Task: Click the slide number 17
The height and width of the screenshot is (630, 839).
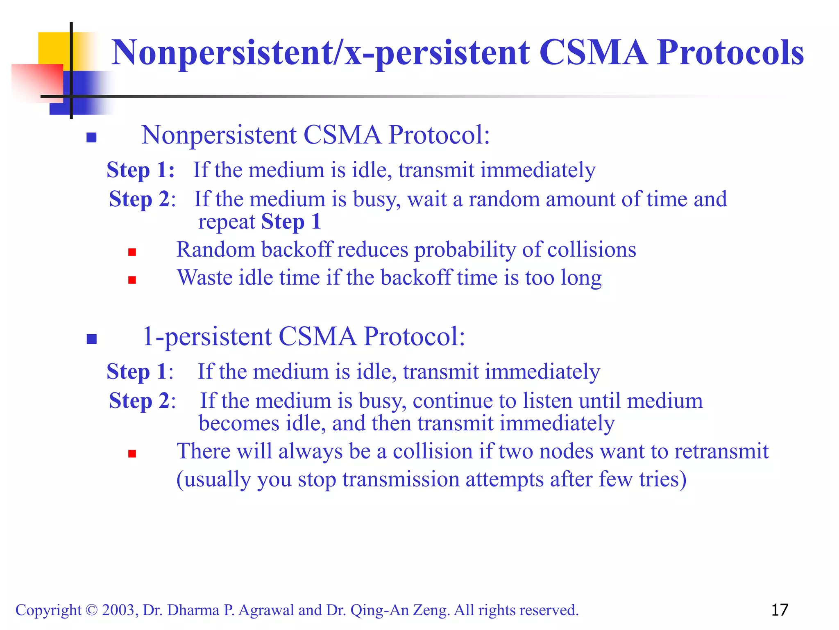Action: [x=779, y=610]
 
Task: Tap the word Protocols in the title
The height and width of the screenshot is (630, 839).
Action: [x=730, y=52]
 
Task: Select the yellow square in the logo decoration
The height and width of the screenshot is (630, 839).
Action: [x=53, y=47]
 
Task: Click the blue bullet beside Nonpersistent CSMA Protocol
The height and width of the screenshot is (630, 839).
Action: [x=91, y=137]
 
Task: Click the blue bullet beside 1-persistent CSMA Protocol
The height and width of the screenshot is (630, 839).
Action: [x=91, y=339]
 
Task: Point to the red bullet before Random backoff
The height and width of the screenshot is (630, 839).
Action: [x=132, y=252]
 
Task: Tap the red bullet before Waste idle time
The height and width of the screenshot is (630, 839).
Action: [x=132, y=280]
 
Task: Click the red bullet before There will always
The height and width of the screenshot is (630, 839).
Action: [x=132, y=453]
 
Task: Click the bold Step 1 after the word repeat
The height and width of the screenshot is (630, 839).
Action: [x=291, y=222]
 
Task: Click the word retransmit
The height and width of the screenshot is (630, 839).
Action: [x=721, y=452]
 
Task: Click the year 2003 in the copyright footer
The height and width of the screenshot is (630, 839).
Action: [x=118, y=610]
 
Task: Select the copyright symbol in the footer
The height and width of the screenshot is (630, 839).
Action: [x=92, y=610]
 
